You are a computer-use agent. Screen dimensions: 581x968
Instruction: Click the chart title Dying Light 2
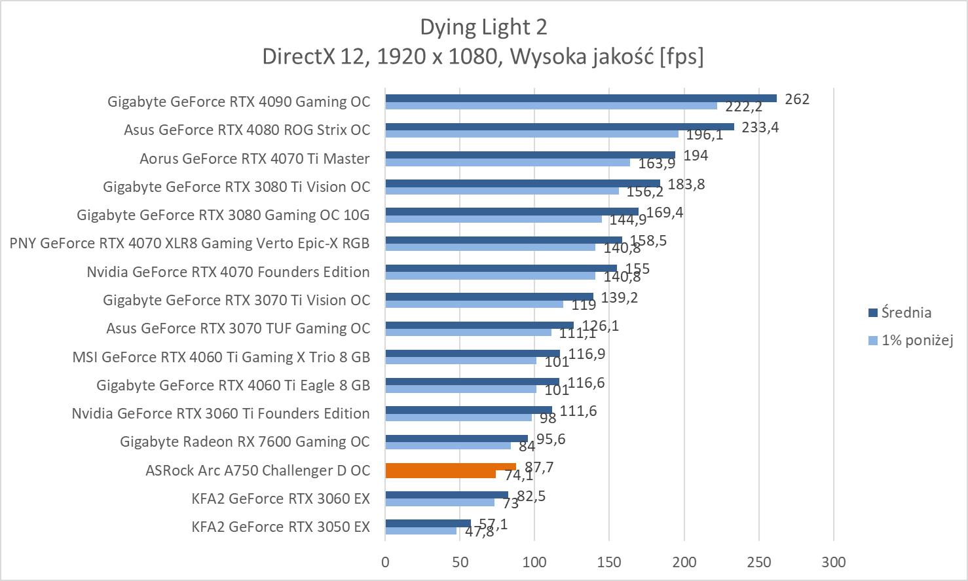pyautogui.click(x=483, y=27)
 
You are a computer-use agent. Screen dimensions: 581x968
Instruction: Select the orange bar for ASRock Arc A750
pyautogui.click(x=451, y=468)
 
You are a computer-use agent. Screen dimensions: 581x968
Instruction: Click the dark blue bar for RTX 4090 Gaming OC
pyautogui.click(x=580, y=98)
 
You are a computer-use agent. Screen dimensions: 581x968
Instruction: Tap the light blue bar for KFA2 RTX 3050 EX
pyautogui.click(x=420, y=531)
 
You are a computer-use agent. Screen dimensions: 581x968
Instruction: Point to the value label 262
pyautogui.click(x=797, y=99)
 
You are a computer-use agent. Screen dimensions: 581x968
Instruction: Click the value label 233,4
pyautogui.click(x=760, y=127)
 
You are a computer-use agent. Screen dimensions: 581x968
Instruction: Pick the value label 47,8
pyautogui.click(x=479, y=532)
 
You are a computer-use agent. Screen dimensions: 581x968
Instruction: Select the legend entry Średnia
pyautogui.click(x=906, y=312)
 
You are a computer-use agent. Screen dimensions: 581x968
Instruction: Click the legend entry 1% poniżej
pyautogui.click(x=916, y=340)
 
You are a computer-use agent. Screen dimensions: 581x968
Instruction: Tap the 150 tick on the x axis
pyautogui.click(x=609, y=561)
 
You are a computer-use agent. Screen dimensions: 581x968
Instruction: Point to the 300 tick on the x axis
pyautogui.click(x=834, y=561)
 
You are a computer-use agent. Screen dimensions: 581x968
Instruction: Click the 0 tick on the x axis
pyautogui.click(x=385, y=561)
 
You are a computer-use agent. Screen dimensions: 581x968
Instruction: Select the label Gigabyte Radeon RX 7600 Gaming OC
pyautogui.click(x=245, y=441)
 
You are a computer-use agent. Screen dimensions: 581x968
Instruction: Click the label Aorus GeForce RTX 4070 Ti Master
pyautogui.click(x=254, y=159)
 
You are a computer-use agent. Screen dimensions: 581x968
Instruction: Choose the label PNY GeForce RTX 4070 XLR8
pyautogui.click(x=189, y=243)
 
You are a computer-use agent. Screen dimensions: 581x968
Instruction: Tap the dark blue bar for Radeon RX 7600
pyautogui.click(x=456, y=438)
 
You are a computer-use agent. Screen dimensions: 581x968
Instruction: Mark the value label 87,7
pyautogui.click(x=539, y=467)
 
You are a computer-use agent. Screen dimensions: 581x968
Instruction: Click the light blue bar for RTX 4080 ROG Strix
pyautogui.click(x=532, y=134)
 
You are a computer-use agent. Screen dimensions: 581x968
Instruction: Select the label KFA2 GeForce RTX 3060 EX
pyautogui.click(x=281, y=498)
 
